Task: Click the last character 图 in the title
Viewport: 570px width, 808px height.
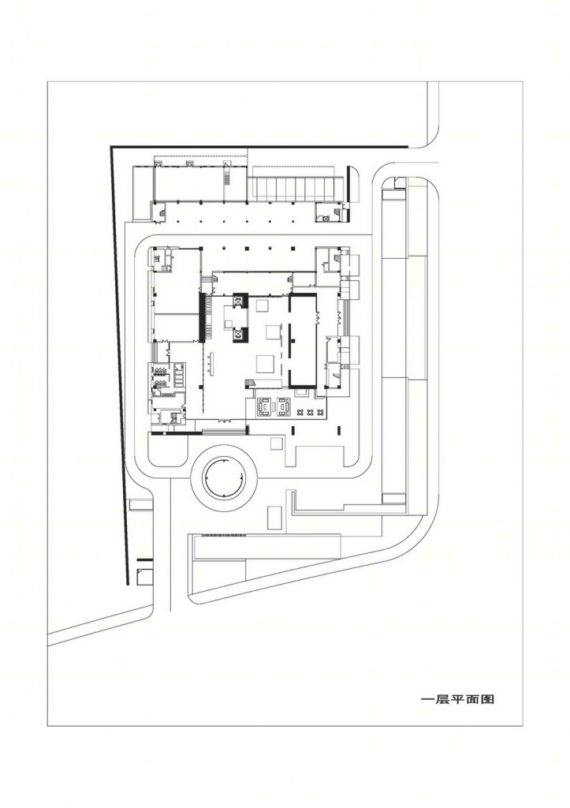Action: pyautogui.click(x=488, y=699)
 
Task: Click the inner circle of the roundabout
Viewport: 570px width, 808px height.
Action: pyautogui.click(x=224, y=478)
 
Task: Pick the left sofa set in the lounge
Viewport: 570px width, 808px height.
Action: pyautogui.click(x=265, y=406)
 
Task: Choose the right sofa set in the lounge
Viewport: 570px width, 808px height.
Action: pyautogui.click(x=284, y=406)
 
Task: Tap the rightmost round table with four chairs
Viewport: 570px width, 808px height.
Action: pyautogui.click(x=320, y=412)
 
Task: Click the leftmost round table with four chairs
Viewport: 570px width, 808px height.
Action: pyautogui.click(x=300, y=412)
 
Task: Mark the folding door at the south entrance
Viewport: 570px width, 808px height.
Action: pyautogui.click(x=224, y=421)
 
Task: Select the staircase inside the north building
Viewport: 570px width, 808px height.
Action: pyautogui.click(x=227, y=176)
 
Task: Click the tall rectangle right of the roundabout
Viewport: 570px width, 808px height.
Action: pyautogui.click(x=274, y=518)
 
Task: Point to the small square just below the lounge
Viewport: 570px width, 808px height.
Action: pyautogui.click(x=277, y=443)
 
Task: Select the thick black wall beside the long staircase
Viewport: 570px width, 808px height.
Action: pyautogui.click(x=202, y=317)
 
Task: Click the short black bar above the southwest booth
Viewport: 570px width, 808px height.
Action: pyautogui.click(x=145, y=559)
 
